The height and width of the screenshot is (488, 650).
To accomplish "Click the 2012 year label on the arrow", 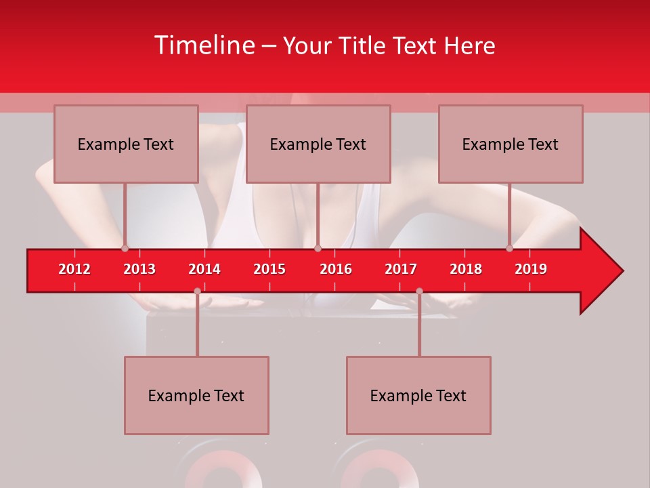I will tap(74, 269).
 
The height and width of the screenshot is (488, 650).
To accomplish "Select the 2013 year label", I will tap(139, 269).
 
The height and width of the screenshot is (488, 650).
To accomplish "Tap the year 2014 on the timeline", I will tap(204, 269).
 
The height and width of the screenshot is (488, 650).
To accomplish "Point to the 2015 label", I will tap(269, 269).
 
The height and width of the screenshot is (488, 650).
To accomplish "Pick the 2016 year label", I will tap(336, 269).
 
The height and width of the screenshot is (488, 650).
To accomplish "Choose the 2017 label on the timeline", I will tap(401, 269).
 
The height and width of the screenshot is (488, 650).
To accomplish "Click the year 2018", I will tap(466, 269).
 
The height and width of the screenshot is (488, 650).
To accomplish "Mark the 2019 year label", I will tap(531, 269).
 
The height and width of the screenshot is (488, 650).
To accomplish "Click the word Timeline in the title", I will tap(204, 45).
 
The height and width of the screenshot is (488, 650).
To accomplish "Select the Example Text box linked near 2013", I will tap(126, 144).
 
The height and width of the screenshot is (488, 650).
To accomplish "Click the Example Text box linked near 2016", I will tap(318, 144).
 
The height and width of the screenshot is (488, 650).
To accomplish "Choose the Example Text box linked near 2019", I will tap(511, 144).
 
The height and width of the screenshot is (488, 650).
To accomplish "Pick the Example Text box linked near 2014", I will tap(196, 395).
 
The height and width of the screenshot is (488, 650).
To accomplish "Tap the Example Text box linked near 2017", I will tap(418, 395).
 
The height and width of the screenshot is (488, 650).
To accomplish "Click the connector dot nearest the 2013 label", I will tap(125, 248).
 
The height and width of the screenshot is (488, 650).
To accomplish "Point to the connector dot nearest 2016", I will tap(318, 248).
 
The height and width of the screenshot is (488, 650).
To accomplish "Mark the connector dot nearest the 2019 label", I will tap(510, 248).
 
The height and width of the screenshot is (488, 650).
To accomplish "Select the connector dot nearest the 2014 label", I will tap(197, 291).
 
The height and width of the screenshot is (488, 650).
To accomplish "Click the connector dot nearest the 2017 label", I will tap(419, 291).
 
